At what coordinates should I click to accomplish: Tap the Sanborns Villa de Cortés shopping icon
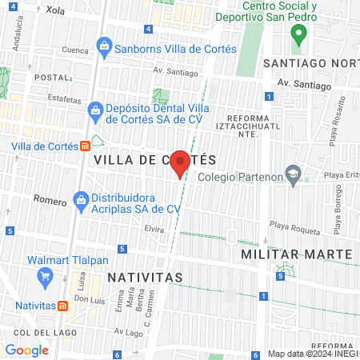click(104, 48)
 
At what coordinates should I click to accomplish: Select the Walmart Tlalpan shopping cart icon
click(46, 277)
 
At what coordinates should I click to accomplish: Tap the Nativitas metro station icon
click(62, 306)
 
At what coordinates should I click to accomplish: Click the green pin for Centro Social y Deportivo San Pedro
click(298, 34)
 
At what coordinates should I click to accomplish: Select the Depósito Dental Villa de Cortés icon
click(94, 109)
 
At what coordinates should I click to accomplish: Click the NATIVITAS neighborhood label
click(144, 277)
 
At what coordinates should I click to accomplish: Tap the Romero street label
click(50, 202)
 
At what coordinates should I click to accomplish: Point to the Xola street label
click(55, 10)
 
